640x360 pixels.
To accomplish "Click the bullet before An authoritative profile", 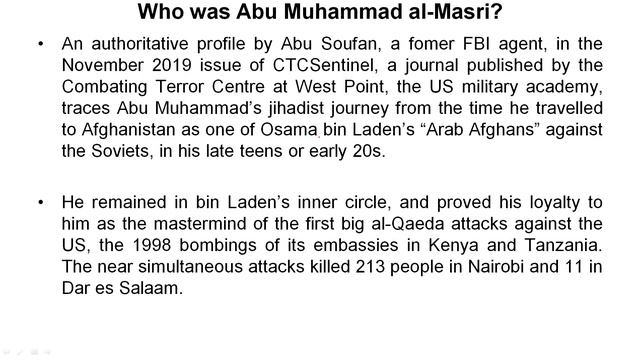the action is [39, 46].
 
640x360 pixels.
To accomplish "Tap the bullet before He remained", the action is [39, 201].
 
